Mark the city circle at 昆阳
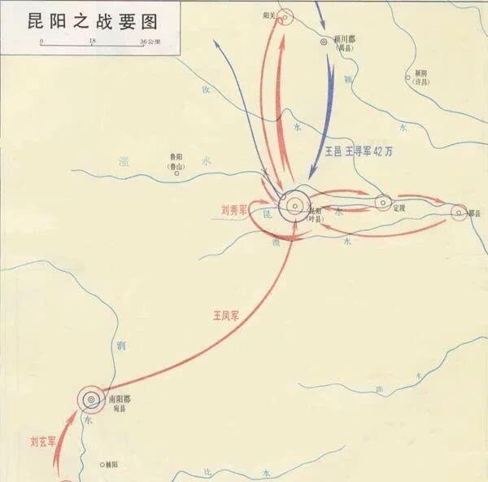[294, 206]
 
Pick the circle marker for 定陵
[383, 201]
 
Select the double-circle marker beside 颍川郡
[325, 40]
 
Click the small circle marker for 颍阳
[408, 78]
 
